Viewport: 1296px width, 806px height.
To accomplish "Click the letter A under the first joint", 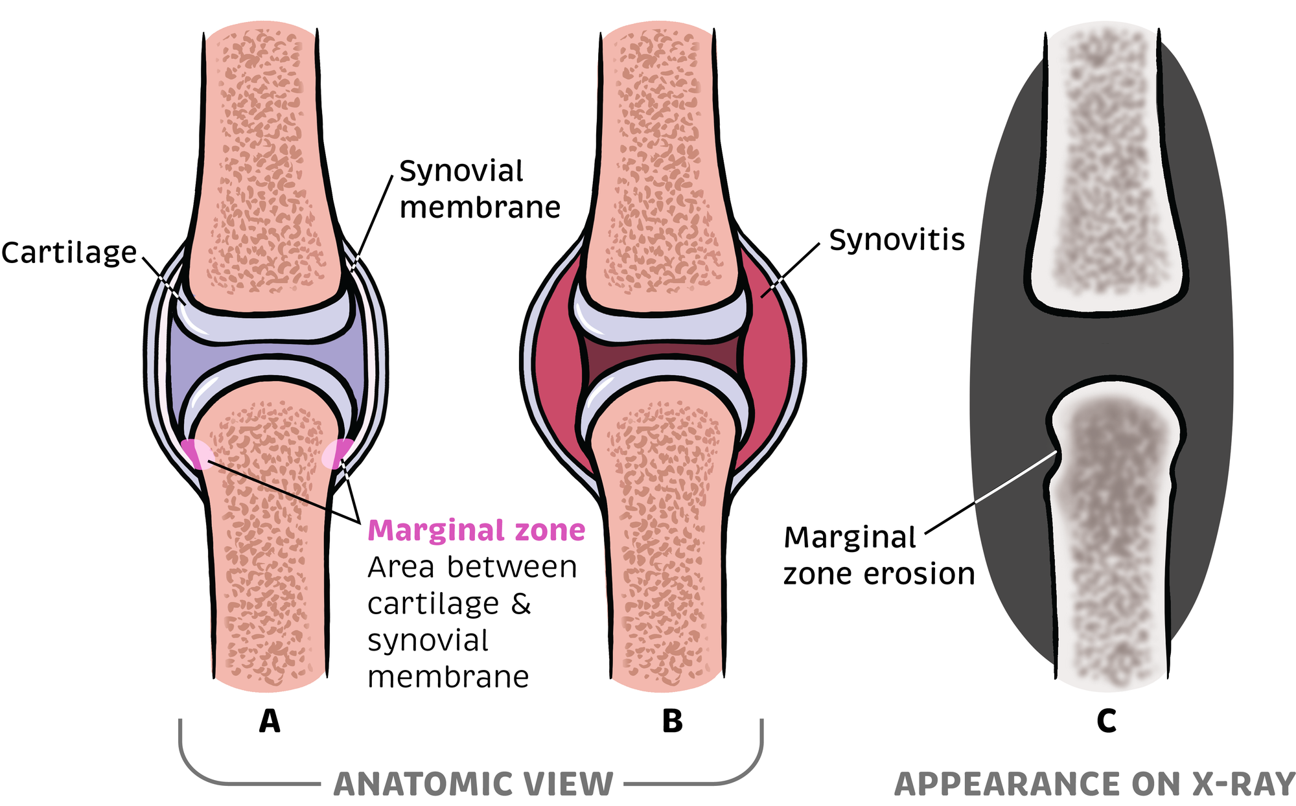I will pos(270,720).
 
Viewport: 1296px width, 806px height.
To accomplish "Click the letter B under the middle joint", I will pos(672,720).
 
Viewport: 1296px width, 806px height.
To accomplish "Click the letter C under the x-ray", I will pos(1106,720).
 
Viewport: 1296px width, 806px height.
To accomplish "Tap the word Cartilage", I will pos(69,253).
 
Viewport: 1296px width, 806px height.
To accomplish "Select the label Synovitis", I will pos(897,240).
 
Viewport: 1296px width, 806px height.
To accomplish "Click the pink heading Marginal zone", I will pos(476,530).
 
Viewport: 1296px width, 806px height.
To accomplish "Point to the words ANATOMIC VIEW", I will pos(473,784).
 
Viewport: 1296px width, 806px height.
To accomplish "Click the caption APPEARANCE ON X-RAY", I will pos(1094,784).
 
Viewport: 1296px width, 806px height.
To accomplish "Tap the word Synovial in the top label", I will pos(461,171).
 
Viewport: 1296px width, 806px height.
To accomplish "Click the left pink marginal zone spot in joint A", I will pos(196,453).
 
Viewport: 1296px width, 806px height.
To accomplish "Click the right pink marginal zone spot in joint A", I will pos(338,453).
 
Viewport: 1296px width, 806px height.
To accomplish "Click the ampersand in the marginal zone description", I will pos(521,604).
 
